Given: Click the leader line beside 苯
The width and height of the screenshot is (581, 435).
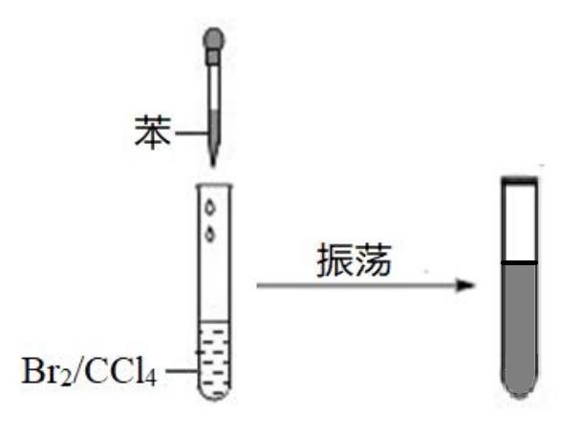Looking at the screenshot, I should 191,135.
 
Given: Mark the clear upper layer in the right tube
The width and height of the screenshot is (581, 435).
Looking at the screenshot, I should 520,221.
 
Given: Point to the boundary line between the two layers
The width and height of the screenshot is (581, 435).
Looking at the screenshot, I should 520,261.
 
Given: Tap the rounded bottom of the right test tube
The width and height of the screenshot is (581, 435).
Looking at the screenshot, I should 520,387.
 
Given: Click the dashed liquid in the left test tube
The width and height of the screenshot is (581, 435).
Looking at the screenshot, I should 216,358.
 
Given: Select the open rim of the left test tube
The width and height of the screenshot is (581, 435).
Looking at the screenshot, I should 216,183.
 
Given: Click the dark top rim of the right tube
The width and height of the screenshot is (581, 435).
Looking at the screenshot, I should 520,178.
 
